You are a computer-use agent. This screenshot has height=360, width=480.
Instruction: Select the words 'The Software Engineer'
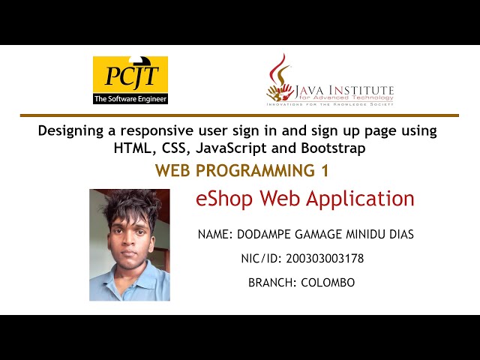130,98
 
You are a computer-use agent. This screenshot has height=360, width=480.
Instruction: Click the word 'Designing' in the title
71,130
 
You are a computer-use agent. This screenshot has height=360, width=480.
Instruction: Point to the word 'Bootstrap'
336,148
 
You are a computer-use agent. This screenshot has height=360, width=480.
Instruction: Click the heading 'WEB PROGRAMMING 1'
241,171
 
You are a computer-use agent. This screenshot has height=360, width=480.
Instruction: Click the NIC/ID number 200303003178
321,259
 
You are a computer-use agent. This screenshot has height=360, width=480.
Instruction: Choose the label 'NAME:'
215,235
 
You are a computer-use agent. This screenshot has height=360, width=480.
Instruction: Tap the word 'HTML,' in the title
132,148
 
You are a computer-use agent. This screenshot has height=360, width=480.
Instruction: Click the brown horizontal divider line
239,115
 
